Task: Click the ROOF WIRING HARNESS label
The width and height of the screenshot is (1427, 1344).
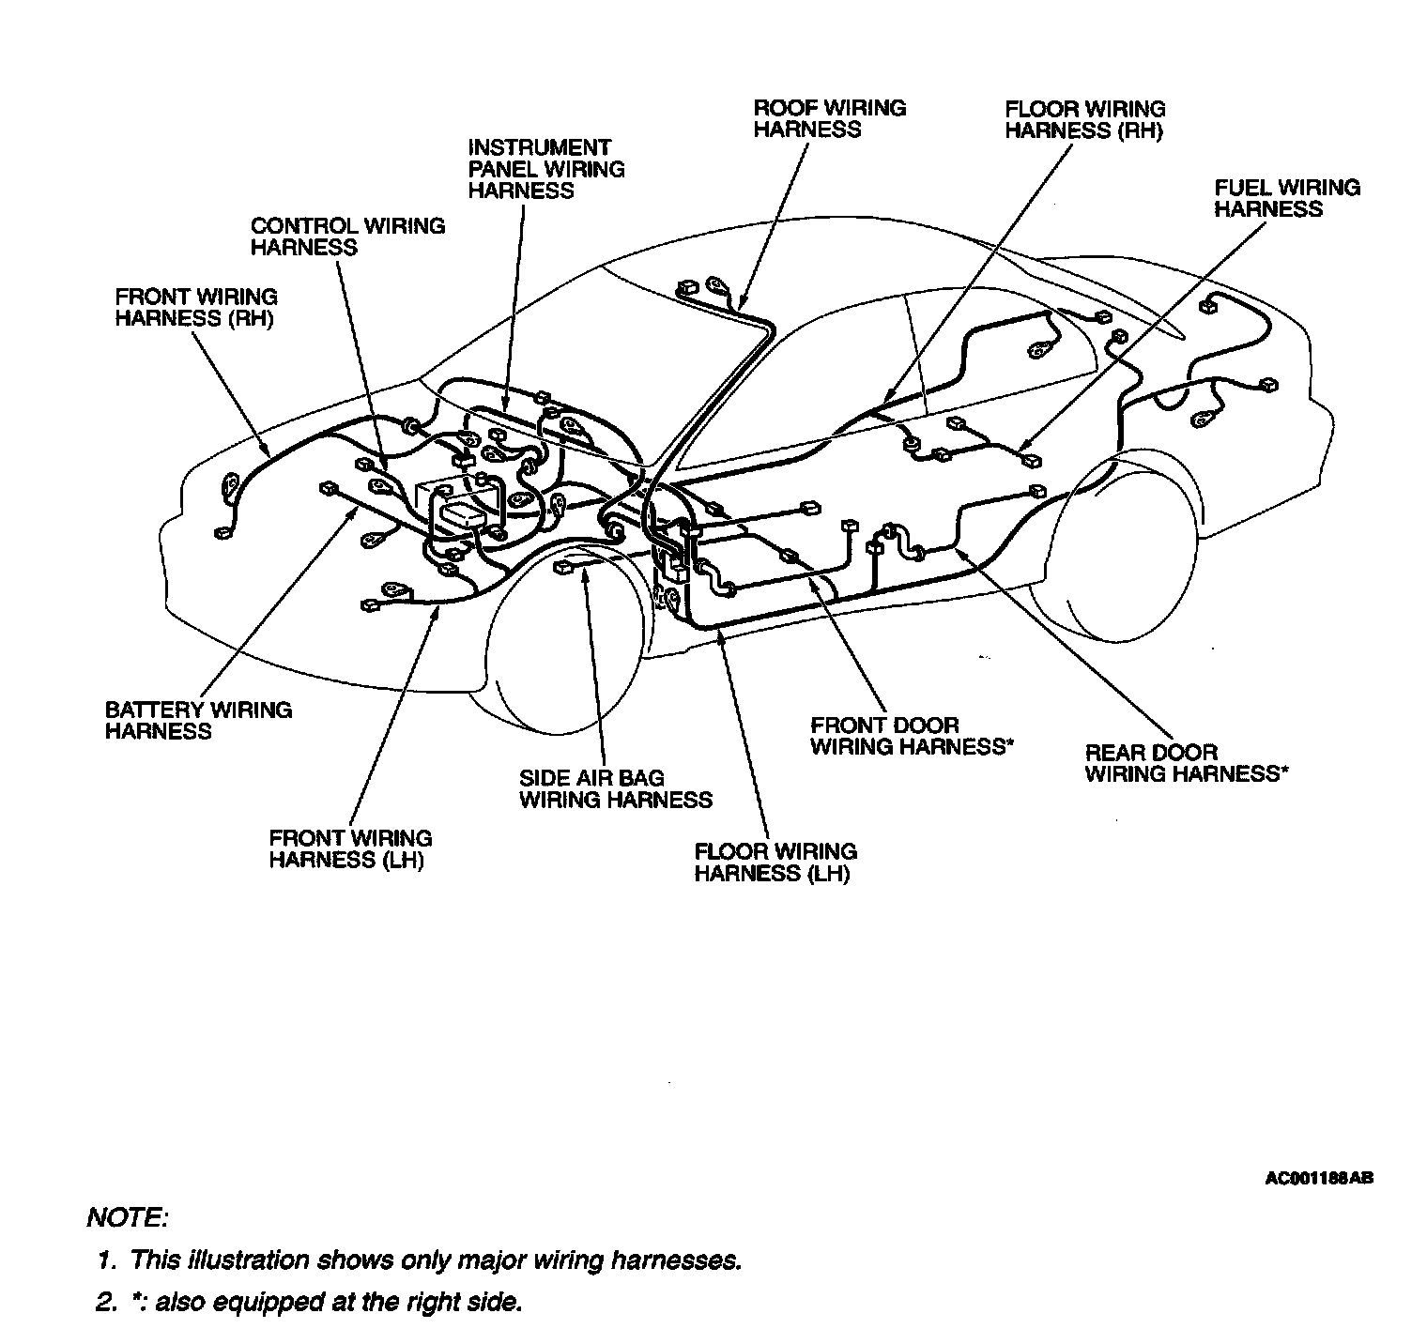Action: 830,118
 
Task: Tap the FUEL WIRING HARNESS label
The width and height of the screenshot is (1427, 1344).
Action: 1286,198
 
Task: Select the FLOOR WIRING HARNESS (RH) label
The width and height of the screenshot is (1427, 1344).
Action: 1084,119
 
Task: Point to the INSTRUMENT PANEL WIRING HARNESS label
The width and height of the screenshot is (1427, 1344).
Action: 546,169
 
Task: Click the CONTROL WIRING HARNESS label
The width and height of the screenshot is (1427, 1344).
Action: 347,237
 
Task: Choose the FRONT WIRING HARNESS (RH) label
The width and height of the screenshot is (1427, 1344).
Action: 195,308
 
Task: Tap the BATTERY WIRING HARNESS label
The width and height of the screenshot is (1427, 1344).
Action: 198,721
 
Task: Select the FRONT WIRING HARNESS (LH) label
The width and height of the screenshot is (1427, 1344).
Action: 350,849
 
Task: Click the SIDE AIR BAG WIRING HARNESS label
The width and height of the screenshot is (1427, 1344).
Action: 615,789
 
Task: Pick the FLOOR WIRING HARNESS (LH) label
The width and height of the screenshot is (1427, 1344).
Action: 775,863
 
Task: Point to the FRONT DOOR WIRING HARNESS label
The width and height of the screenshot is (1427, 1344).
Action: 910,737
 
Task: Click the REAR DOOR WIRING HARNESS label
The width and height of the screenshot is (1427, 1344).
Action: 1186,763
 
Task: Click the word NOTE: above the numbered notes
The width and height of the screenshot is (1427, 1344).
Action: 128,1218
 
